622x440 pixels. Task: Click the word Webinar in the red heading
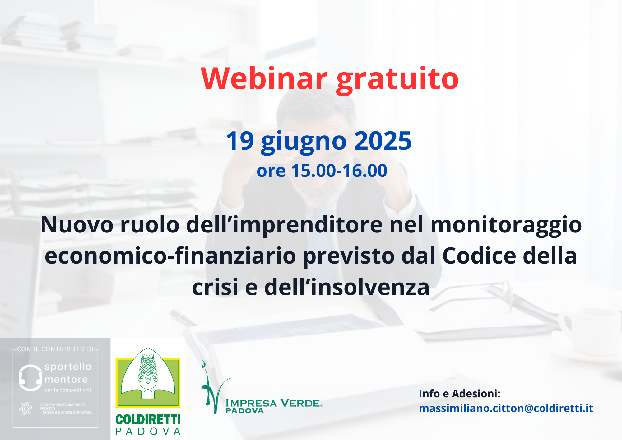[x=264, y=78]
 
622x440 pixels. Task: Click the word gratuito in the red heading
[x=397, y=80]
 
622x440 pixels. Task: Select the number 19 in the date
[x=240, y=141]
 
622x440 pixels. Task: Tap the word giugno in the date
[x=304, y=143]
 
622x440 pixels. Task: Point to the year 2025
[x=383, y=141]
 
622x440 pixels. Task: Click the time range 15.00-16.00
[x=339, y=171]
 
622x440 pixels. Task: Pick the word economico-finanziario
[x=170, y=256]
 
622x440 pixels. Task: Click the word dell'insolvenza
[x=347, y=287]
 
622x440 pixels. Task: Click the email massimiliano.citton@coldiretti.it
[x=506, y=408]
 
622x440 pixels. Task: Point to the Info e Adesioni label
[x=460, y=394]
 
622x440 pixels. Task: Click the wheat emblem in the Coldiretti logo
[x=148, y=373]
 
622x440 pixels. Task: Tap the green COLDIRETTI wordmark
[x=148, y=419]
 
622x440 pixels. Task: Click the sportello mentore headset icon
[x=30, y=377]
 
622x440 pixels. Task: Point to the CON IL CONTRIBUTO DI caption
[x=55, y=349]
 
